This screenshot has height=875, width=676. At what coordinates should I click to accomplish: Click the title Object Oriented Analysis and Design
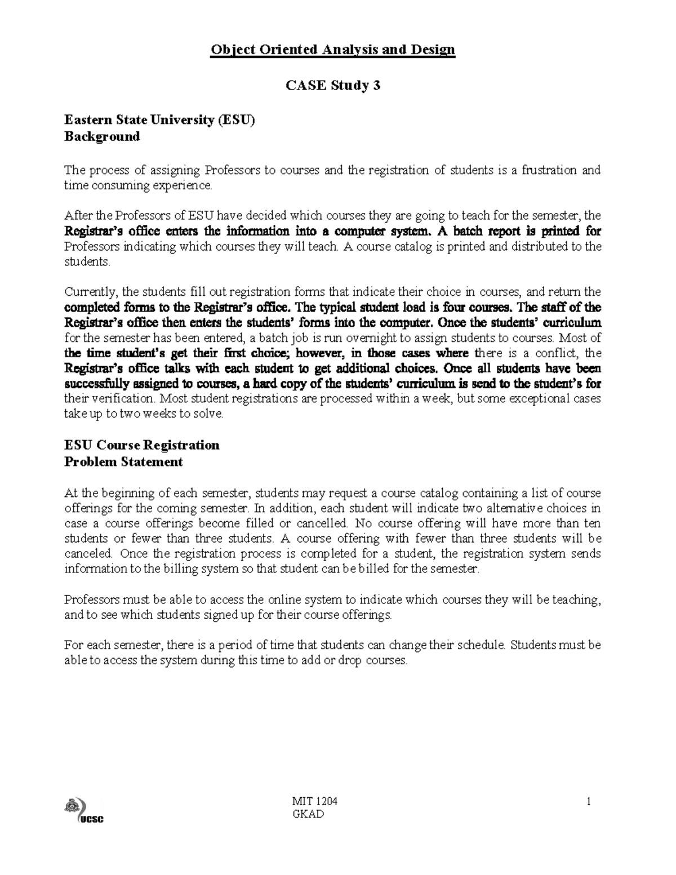[332, 50]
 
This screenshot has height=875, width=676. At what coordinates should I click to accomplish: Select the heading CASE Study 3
[333, 86]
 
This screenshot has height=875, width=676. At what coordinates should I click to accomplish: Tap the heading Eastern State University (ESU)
[159, 120]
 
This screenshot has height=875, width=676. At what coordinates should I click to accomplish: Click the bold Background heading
[102, 136]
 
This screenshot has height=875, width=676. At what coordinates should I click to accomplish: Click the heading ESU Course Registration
[142, 445]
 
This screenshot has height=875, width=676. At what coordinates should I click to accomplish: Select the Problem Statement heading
[124, 462]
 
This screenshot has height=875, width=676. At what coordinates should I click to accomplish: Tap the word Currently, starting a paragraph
[91, 292]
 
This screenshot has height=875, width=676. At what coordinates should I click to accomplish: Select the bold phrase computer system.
[383, 231]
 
